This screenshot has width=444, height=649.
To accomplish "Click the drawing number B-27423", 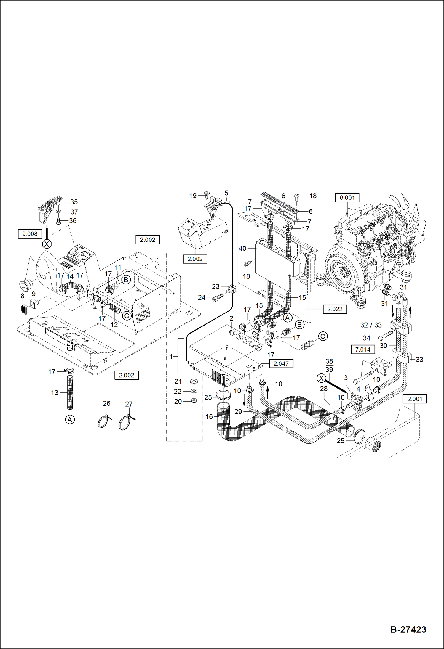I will tap(408, 629).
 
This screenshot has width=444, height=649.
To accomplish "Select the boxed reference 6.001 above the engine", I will tap(347, 198).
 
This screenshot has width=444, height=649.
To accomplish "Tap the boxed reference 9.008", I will tap(30, 234).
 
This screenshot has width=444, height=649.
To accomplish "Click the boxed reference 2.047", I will tap(281, 363).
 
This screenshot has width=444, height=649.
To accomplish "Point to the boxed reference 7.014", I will tap(363, 350).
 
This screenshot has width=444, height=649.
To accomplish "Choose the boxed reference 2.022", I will tap(335, 309).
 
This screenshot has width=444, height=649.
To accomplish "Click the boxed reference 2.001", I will tap(414, 399).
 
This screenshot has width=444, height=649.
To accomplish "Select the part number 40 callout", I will tap(242, 249).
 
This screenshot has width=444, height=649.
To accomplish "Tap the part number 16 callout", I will tap(209, 417).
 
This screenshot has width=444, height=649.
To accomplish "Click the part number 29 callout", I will tap(238, 412).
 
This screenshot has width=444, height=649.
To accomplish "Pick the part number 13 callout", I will tap(55, 393).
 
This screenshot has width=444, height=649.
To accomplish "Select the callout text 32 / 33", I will tap(371, 325).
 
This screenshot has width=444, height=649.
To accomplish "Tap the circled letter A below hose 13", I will tap(70, 420).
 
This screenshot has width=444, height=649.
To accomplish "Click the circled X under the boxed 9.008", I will tap(47, 244).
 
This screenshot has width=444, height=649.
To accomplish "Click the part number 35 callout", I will tap(74, 202).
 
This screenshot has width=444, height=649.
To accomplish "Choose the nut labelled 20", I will tap(194, 401).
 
